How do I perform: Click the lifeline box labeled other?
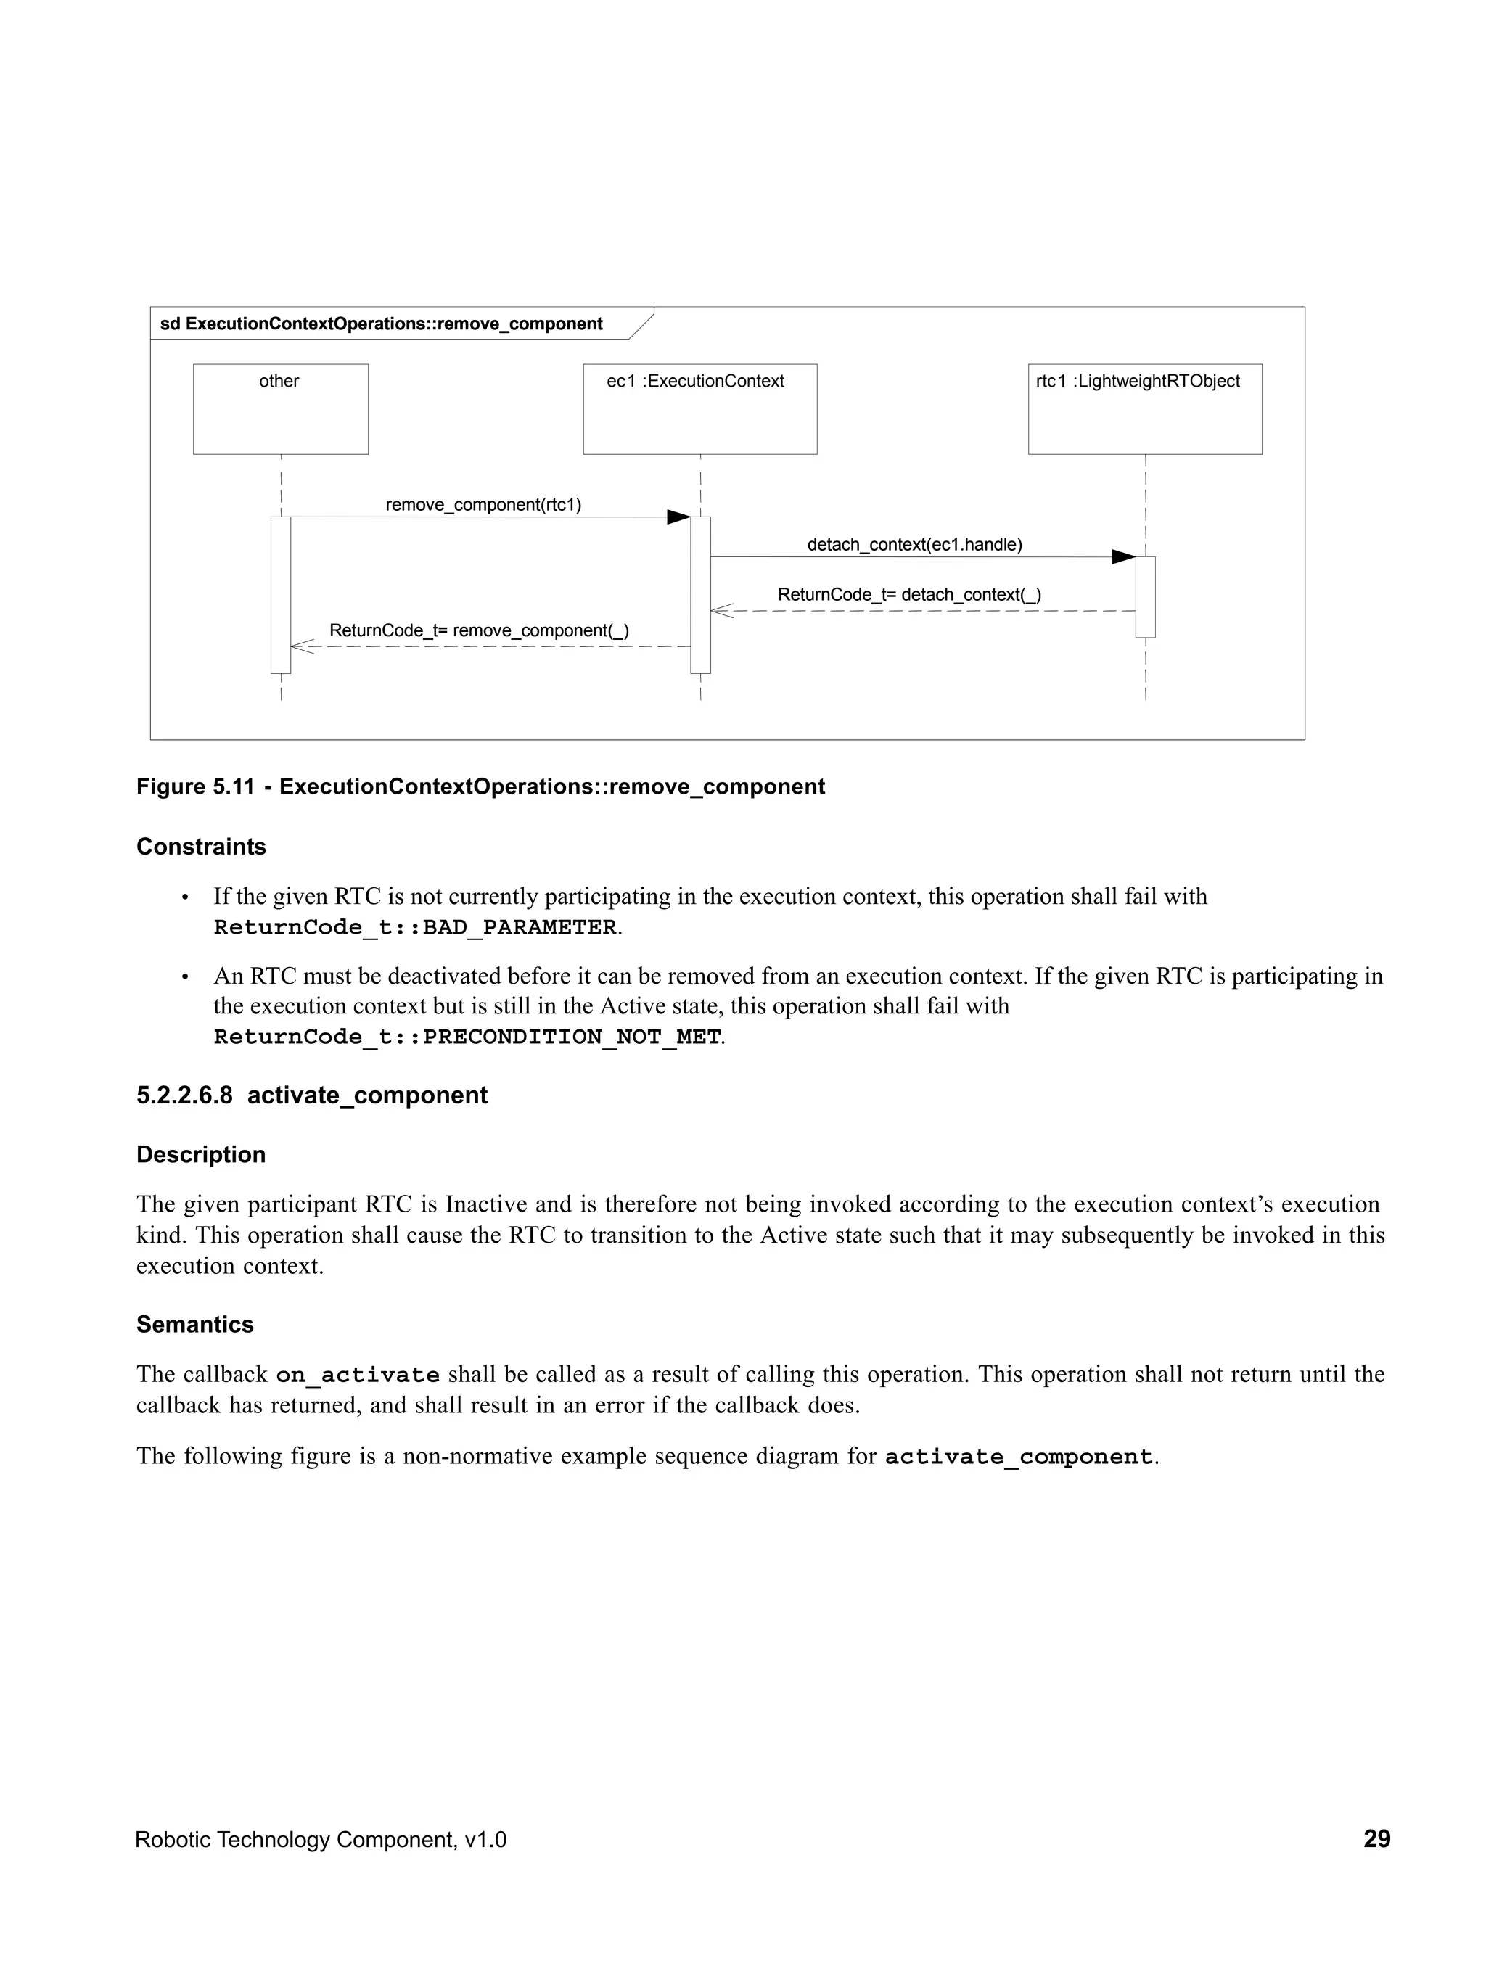[x=280, y=408]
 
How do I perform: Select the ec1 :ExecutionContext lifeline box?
[x=699, y=408]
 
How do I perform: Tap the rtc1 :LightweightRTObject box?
[x=1144, y=408]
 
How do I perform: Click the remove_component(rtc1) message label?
[x=483, y=505]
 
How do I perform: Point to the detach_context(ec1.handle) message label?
[x=914, y=544]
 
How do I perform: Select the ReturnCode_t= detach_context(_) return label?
[x=908, y=594]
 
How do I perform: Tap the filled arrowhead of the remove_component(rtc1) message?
[x=679, y=517]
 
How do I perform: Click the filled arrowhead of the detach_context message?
[x=1122, y=557]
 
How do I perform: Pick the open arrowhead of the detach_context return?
[x=721, y=612]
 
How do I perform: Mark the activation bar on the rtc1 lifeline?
[x=1145, y=597]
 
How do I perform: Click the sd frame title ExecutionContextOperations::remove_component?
[x=381, y=324]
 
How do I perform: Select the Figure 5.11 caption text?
[x=480, y=786]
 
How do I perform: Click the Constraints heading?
[x=201, y=846]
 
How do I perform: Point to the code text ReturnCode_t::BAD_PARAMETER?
[x=415, y=927]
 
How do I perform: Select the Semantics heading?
[x=194, y=1324]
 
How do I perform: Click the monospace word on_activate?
[x=357, y=1375]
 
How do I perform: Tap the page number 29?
[x=1376, y=1838]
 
